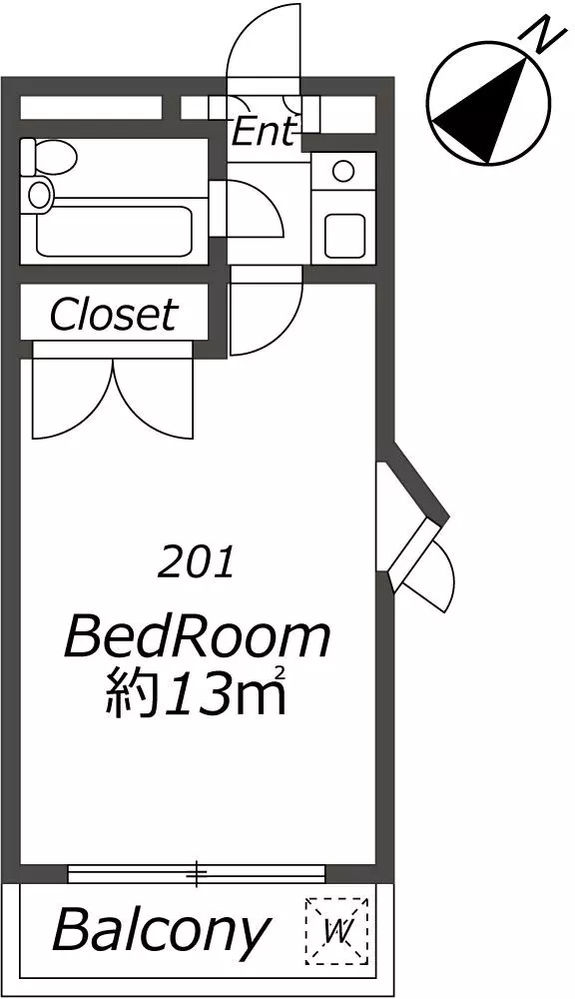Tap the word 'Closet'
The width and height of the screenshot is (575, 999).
(x=113, y=314)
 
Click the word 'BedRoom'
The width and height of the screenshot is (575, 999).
(x=198, y=637)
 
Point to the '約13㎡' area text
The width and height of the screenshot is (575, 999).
(x=195, y=691)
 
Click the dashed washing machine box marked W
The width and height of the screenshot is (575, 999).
(x=336, y=930)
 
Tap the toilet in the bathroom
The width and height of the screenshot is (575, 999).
(x=50, y=156)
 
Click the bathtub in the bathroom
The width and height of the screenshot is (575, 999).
(x=115, y=231)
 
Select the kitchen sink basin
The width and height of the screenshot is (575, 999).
(x=344, y=236)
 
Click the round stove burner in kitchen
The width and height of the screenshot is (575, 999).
(x=343, y=172)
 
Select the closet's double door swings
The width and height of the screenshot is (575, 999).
(x=113, y=399)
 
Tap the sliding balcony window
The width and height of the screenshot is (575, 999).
(x=196, y=873)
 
